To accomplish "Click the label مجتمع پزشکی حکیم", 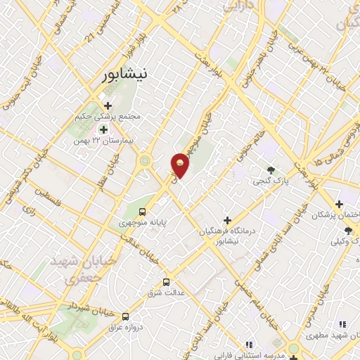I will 106,117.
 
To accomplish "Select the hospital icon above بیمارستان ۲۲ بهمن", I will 104,129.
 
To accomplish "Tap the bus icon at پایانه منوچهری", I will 143,212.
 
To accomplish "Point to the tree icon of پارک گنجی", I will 271,170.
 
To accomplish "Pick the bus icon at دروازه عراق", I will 126,317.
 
